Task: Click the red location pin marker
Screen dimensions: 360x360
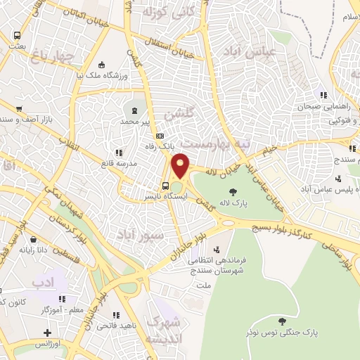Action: coord(180,166)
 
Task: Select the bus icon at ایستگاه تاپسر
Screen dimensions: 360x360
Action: coord(165,186)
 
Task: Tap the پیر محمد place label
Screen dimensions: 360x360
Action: coord(135,122)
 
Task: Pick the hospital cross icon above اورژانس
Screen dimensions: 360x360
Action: coord(47,333)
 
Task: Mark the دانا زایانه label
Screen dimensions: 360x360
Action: coord(33,248)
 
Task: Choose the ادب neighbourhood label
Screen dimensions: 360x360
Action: coord(42,283)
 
